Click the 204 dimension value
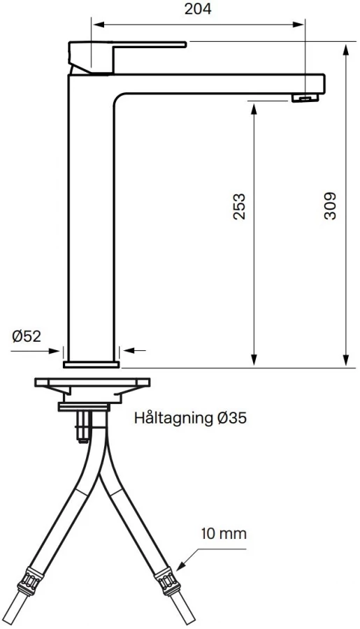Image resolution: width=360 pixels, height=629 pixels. pyautogui.click(x=198, y=9)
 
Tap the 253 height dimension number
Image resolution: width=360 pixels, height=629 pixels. pyautogui.click(x=239, y=207)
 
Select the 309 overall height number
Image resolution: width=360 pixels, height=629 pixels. pyautogui.click(x=330, y=206)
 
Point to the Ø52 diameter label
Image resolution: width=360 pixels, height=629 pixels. pyautogui.click(x=27, y=336)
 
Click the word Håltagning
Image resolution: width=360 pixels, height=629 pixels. pyautogui.click(x=173, y=419)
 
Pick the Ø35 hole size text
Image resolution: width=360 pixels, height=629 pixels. pyautogui.click(x=231, y=418)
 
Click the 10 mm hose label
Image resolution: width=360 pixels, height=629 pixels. pyautogui.click(x=224, y=533)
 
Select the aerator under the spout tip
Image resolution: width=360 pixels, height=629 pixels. pyautogui.click(x=305, y=98)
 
